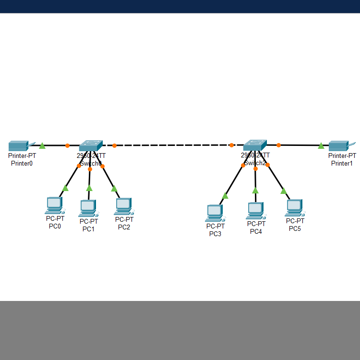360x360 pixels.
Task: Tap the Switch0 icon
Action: [x=91, y=145]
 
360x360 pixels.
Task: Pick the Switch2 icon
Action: [x=255, y=145]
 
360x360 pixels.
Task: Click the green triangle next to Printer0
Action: [x=42, y=145]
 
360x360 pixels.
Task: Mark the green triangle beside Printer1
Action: [x=321, y=145]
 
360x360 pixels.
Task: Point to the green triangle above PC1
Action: [x=89, y=188]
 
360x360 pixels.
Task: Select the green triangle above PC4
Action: [x=255, y=191]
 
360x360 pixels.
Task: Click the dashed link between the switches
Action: [x=173, y=145]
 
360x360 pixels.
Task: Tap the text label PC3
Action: [x=215, y=234]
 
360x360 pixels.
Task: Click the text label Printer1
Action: [x=342, y=163]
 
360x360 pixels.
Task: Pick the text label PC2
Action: [x=124, y=227]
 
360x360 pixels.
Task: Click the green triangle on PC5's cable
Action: [x=284, y=191]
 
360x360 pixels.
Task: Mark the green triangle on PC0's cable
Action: [x=65, y=188]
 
